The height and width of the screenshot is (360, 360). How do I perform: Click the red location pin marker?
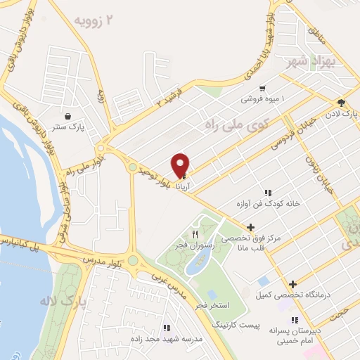[181, 165]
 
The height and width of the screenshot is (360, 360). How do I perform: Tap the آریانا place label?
[182, 179]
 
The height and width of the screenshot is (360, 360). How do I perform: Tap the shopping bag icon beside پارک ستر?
[67, 117]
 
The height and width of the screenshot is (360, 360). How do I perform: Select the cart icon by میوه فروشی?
[262, 89]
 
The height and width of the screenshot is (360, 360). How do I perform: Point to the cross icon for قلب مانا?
[250, 227]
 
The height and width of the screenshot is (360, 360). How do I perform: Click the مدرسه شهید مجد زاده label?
[163, 338]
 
